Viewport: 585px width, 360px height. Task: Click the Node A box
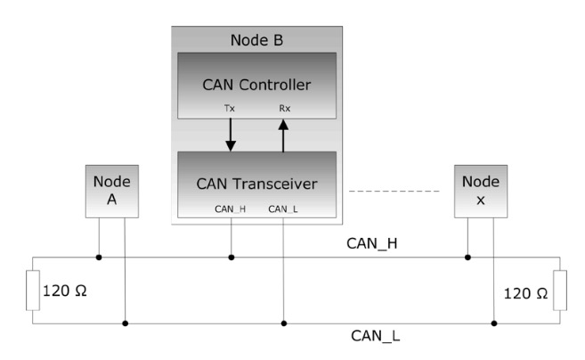click(112, 190)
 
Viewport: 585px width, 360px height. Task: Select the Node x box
click(481, 190)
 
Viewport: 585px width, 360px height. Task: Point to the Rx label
click(283, 110)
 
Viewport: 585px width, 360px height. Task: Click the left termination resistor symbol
click(33, 291)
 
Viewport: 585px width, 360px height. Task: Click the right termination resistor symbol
click(558, 291)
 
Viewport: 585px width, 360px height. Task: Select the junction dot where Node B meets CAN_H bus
click(232, 258)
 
